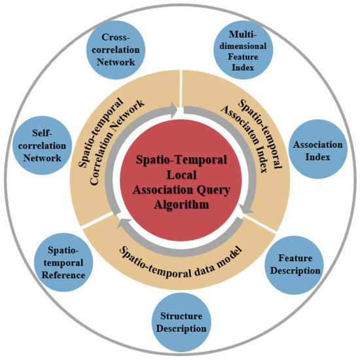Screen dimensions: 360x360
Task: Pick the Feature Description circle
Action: point(295,264)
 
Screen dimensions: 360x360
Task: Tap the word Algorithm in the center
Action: point(181,204)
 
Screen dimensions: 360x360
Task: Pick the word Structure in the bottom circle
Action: point(183,317)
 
